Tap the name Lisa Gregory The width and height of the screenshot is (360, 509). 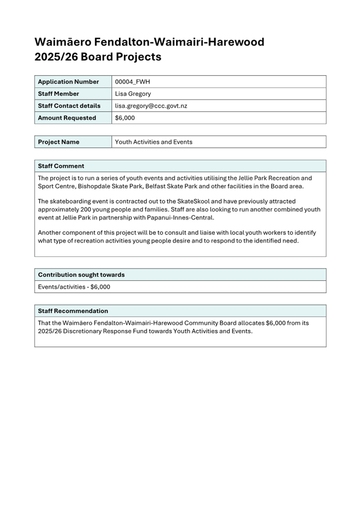[133, 94]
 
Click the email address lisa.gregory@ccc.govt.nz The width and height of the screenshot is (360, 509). [151, 106]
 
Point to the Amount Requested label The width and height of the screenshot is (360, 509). [67, 118]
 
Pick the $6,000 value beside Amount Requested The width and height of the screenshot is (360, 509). [125, 118]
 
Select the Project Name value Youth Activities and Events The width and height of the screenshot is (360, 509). [154, 142]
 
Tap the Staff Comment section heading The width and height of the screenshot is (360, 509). [61, 166]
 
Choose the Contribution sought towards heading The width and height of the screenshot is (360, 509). [81, 274]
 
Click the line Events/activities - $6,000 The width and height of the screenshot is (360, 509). [74, 287]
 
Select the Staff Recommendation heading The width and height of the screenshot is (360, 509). [73, 311]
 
